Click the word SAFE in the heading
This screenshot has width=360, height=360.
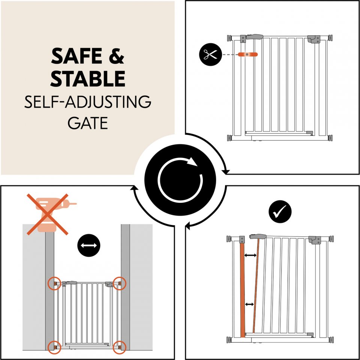[76, 56]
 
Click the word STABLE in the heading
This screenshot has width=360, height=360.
[88, 78]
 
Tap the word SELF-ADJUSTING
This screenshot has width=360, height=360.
[88, 102]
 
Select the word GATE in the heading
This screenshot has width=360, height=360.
[88, 123]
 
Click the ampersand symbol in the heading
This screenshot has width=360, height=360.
[116, 56]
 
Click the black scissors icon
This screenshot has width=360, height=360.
[210, 55]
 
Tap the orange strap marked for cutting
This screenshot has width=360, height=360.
[248, 54]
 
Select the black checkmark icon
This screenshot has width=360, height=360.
[280, 211]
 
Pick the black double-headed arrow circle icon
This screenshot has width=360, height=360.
[89, 245]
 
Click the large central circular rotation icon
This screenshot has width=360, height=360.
[180, 180]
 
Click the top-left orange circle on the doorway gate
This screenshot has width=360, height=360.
[55, 283]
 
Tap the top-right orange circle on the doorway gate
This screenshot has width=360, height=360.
[120, 283]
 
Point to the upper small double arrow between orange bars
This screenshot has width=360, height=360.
[250, 255]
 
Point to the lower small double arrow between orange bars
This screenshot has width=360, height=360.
[250, 304]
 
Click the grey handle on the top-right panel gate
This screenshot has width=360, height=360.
[255, 37]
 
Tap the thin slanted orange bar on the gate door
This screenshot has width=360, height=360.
[256, 286]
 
